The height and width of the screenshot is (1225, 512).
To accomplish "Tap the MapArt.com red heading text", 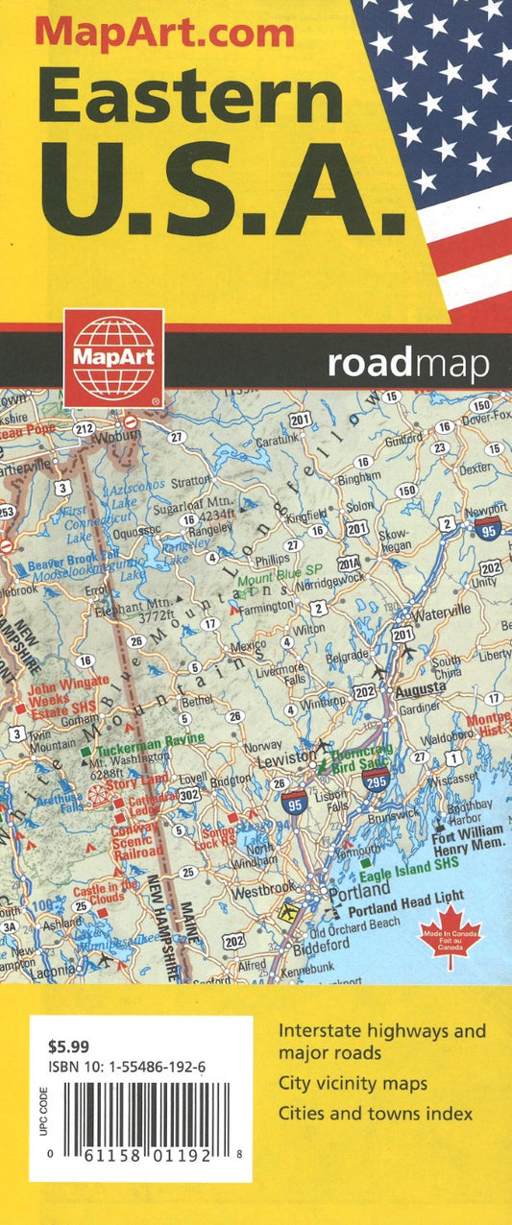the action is coord(164,35).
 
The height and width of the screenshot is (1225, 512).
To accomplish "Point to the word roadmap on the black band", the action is coord(407,364).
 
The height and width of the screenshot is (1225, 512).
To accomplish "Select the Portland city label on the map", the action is coord(357,891).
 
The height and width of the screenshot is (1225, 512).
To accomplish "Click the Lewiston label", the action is coord(287,758).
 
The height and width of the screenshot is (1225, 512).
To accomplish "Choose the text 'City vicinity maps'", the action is coord(353,1084).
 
